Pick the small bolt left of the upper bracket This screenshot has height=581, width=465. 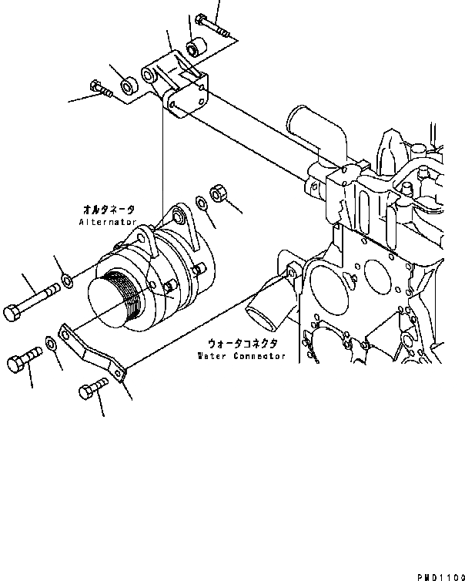point(102,90)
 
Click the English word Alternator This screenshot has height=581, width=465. point(108,221)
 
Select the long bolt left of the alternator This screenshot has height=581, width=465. point(34,302)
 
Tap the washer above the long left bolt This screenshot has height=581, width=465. point(67,279)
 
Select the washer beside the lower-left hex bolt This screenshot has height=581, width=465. point(50,341)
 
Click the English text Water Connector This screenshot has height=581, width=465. point(241,356)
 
